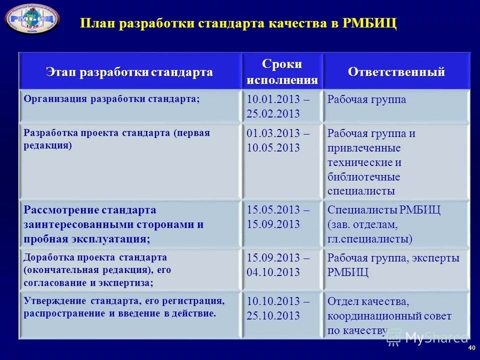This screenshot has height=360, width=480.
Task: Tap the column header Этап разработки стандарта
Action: (x=129, y=72)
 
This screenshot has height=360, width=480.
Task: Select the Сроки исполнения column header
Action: (x=282, y=72)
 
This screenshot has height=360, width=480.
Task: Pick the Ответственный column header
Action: (x=396, y=72)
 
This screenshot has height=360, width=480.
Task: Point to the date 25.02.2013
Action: (x=273, y=113)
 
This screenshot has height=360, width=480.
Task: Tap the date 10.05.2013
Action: (x=273, y=148)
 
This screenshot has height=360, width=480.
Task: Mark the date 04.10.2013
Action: (x=273, y=272)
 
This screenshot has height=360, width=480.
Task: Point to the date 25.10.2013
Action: (x=273, y=315)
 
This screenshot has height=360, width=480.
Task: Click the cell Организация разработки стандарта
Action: (x=111, y=98)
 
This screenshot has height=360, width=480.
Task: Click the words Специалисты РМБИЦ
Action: (x=384, y=209)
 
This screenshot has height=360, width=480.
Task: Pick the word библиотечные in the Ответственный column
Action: (x=363, y=177)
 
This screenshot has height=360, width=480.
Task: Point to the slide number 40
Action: (x=471, y=348)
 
